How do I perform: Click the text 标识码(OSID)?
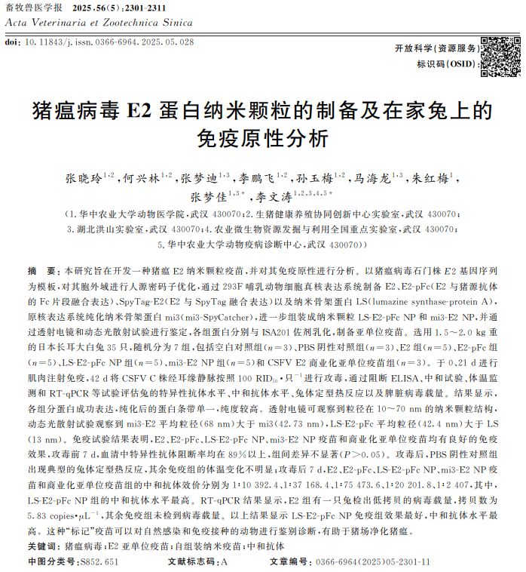click(x=445, y=65)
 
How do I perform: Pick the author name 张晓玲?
click(x=81, y=180)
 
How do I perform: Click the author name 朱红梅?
click(x=432, y=180)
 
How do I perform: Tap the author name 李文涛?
click(x=271, y=198)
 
